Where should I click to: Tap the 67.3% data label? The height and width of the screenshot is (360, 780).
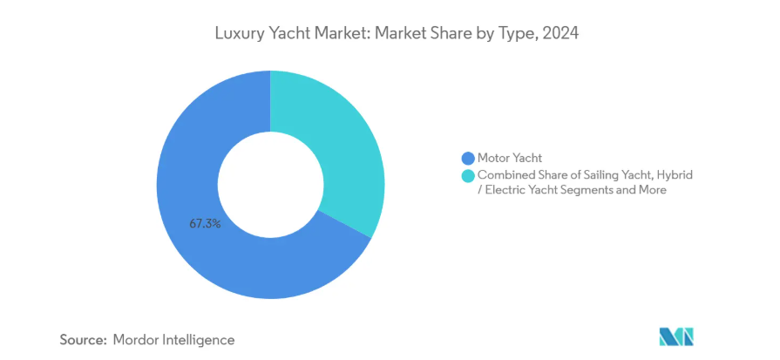[x=205, y=223]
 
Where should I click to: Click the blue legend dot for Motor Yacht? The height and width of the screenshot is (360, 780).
[x=468, y=158]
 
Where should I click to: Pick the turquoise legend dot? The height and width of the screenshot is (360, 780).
[x=468, y=176]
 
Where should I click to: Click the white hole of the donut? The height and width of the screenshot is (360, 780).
[x=270, y=185]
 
